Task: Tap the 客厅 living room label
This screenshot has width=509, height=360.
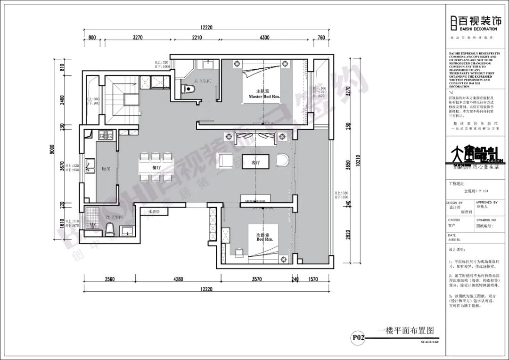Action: (x=256, y=163)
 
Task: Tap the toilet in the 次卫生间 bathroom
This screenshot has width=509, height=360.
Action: (x=110, y=229)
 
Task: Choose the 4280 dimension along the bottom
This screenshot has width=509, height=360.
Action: (x=178, y=279)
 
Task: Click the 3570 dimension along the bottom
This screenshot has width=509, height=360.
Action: (x=256, y=279)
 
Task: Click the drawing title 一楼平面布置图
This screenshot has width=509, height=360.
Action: (x=405, y=331)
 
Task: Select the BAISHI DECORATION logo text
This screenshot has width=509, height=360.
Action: (x=477, y=29)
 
